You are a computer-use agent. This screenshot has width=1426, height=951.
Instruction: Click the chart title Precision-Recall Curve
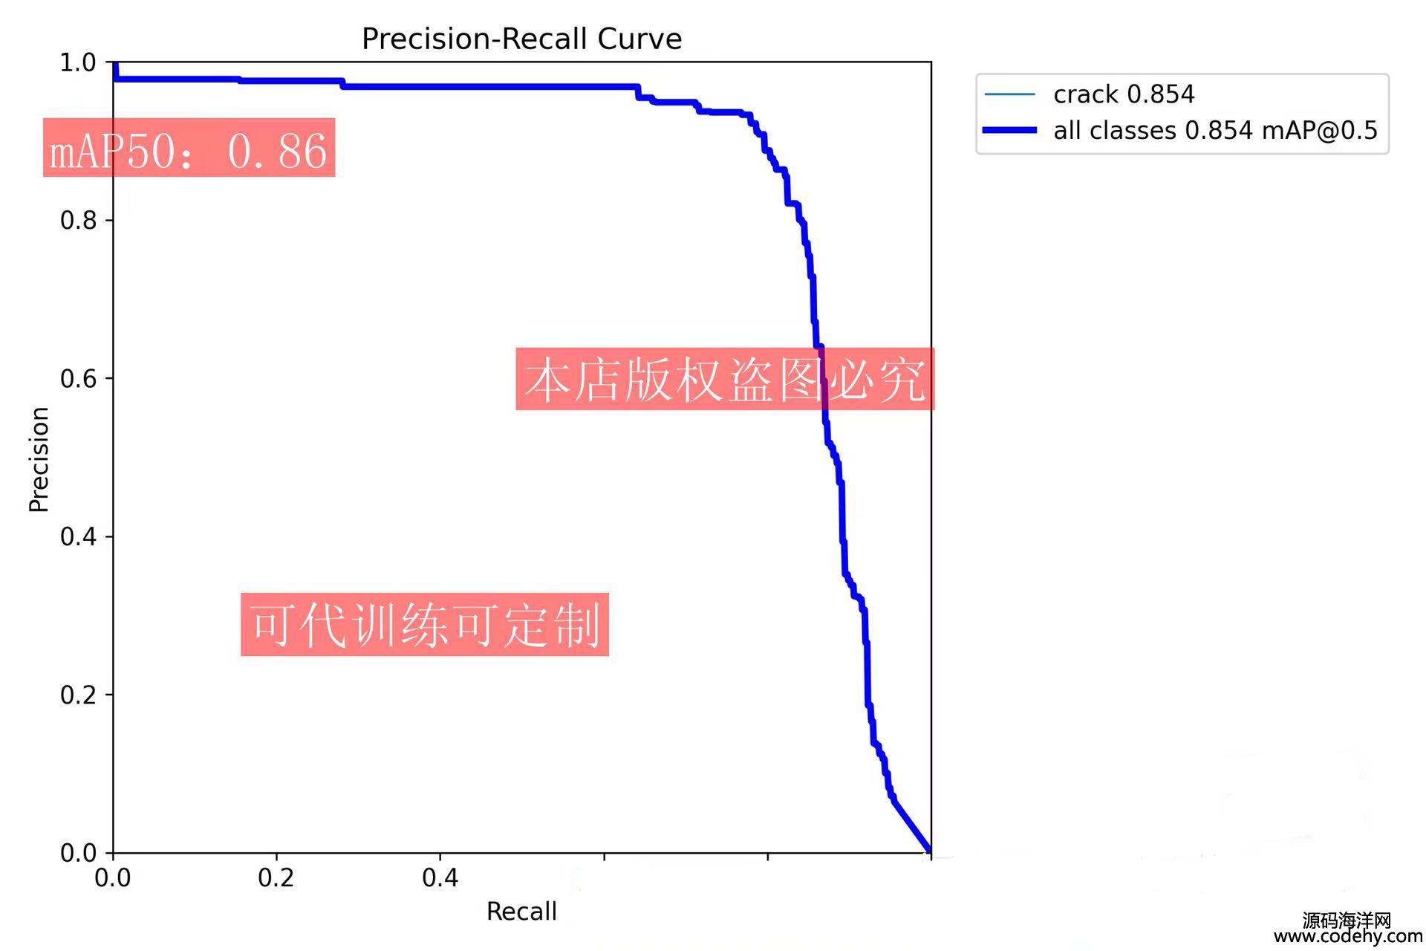(521, 39)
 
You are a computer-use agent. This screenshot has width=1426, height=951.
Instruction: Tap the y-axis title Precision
(39, 459)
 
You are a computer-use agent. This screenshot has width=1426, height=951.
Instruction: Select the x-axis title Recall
(521, 911)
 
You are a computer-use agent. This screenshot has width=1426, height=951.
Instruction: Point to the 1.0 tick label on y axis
(78, 62)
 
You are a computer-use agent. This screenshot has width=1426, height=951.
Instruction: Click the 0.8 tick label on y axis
(78, 220)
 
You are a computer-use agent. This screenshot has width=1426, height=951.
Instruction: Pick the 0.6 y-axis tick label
(78, 378)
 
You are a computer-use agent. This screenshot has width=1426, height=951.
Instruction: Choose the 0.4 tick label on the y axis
(78, 536)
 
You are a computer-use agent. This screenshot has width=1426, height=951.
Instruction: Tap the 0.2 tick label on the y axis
(78, 695)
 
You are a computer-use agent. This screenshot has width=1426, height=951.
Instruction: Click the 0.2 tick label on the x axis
(276, 878)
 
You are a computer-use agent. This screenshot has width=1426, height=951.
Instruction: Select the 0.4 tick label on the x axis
(440, 878)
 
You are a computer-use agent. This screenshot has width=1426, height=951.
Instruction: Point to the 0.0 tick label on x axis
(113, 878)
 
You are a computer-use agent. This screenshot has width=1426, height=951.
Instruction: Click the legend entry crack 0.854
(1124, 94)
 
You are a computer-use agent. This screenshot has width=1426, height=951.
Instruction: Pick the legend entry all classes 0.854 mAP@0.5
(1215, 131)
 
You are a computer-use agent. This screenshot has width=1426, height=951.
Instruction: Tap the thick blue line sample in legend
(1009, 131)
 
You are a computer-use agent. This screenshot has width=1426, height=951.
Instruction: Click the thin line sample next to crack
(1009, 94)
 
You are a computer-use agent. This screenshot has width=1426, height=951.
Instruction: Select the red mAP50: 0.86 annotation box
(189, 148)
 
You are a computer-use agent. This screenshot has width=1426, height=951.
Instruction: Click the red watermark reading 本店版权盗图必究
(725, 379)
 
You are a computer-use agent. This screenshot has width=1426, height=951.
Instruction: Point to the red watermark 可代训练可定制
(425, 624)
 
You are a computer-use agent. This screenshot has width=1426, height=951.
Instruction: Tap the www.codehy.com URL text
(1348, 937)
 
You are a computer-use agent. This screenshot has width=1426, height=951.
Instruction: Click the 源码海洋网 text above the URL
(1347, 921)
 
